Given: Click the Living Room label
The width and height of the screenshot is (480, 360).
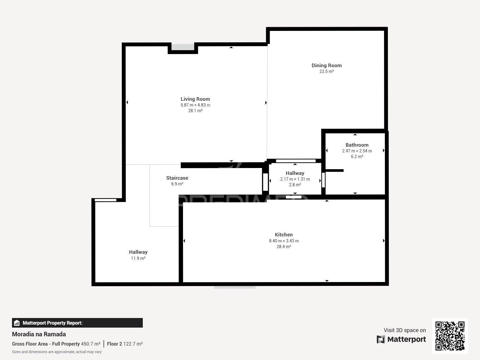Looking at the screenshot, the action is tap(195, 99).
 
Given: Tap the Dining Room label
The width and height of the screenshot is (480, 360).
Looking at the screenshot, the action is tap(326, 65).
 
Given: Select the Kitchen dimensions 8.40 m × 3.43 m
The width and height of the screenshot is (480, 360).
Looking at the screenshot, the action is tap(284, 241).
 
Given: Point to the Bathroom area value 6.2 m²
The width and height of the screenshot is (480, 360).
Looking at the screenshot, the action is tap(357, 157).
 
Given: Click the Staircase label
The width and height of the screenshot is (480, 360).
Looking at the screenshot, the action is tap(177, 178).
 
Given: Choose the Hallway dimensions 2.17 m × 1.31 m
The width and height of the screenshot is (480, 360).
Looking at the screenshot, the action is tap(295, 179).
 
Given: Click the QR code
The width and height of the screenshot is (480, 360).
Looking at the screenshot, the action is tap(450, 336).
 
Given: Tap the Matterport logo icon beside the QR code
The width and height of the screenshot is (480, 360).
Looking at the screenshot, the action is tap(381, 339).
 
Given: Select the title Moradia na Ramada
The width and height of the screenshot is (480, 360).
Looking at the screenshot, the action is tap(39, 334).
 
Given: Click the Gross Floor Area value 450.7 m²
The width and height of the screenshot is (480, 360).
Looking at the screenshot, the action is tap(91, 344).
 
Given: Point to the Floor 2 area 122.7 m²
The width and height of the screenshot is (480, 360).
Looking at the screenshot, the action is tap(133, 344).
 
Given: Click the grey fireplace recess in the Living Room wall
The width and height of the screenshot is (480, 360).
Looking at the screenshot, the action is tap(183, 47).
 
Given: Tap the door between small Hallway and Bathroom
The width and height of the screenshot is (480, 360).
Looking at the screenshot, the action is tap(323, 180).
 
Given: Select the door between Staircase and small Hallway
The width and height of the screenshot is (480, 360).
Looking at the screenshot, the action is tap(265, 182).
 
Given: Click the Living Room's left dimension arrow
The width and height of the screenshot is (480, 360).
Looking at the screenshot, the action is tap(127, 102).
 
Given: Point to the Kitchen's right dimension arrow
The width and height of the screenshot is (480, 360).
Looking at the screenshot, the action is tap(384, 240).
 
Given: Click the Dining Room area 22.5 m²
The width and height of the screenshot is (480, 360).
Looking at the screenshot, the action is tap(326, 71).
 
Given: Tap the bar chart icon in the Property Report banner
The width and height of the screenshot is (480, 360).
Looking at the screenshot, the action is tap(17, 323).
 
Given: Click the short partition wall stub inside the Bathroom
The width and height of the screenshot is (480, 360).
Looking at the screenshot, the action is tap(334, 170).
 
